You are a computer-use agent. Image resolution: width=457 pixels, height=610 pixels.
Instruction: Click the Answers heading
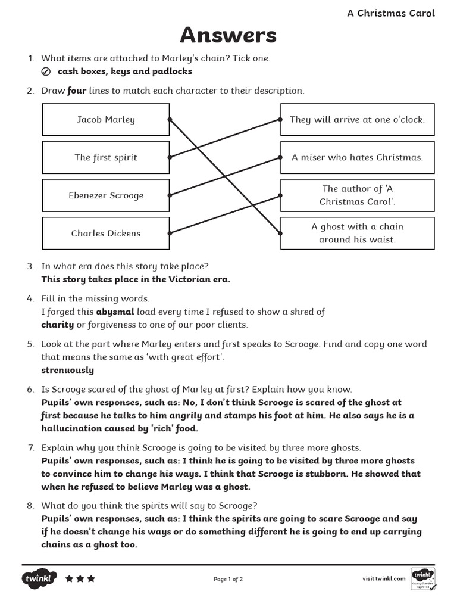point(228,36)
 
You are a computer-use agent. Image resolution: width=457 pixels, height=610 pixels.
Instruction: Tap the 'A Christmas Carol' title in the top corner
point(391,13)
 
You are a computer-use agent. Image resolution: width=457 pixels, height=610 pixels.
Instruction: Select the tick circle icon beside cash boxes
point(46,72)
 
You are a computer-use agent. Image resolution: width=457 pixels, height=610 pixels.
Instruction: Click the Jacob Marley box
point(106,119)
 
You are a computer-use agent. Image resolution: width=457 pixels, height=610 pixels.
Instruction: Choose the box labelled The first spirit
point(106,157)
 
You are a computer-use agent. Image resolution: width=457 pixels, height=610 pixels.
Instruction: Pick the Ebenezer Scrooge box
point(106,195)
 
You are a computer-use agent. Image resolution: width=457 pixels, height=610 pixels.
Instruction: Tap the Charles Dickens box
point(106,234)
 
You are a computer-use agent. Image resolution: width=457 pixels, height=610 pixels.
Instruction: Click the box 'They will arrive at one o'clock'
point(357,119)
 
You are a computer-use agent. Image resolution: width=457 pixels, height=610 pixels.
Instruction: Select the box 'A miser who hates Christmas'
point(357,157)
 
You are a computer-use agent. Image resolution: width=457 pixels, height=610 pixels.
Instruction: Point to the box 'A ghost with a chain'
point(357,234)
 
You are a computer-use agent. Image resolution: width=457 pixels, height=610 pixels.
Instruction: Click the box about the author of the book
point(357,195)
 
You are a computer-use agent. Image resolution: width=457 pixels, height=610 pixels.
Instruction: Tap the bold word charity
point(57,325)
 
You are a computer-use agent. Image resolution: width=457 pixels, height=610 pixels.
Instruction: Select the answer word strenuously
point(67,370)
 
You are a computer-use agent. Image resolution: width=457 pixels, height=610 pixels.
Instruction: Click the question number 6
point(30,389)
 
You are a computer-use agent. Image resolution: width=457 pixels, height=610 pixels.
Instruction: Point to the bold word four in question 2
point(77,91)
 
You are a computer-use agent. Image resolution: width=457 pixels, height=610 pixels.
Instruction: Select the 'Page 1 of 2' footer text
point(228,579)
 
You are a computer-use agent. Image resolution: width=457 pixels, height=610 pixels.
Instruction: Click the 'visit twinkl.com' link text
point(384,578)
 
